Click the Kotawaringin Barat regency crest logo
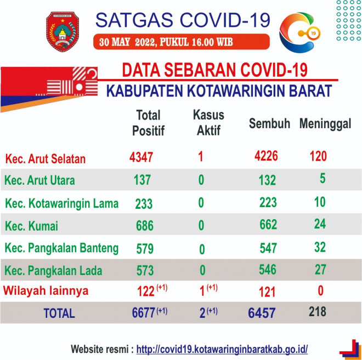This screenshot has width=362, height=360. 63,32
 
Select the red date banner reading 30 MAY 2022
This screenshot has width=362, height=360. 181,42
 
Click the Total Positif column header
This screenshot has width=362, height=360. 148,123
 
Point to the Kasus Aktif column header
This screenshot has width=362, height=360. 208,122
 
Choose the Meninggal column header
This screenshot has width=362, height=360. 325,123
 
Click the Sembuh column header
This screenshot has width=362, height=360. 269,123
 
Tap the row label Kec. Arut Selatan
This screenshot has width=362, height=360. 45,159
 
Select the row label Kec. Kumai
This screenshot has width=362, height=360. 31,226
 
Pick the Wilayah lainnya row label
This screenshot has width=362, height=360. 46,290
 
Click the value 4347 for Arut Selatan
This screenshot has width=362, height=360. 141,157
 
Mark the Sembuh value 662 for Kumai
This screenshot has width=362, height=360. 268,225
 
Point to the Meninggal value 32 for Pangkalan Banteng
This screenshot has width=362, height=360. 320,247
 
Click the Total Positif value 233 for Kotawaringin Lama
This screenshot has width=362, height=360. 144,204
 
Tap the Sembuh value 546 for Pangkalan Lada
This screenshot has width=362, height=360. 267,269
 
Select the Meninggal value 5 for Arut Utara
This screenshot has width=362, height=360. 323,179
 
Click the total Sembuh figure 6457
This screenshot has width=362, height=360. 262,313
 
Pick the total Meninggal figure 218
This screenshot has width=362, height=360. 318,312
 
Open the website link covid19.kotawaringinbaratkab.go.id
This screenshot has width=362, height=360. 222,350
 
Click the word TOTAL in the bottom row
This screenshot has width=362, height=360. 59,313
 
